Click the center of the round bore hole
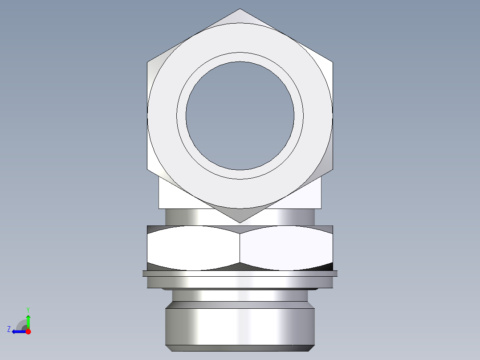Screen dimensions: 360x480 240,116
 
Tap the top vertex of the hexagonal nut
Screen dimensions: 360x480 240,9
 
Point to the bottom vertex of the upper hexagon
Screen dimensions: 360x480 240,222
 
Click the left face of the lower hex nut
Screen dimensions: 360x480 194,248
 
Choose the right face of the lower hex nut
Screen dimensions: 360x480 286,248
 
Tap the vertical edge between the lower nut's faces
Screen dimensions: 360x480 240,248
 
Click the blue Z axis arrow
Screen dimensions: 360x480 18,331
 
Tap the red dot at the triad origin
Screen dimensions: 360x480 28,331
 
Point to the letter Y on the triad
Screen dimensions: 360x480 28,309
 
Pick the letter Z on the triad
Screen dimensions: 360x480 9,329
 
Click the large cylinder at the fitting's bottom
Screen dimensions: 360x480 240,325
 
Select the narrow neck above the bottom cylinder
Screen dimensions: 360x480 240,295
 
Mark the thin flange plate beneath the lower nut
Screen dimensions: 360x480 240,274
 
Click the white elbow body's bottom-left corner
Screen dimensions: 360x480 160,208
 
